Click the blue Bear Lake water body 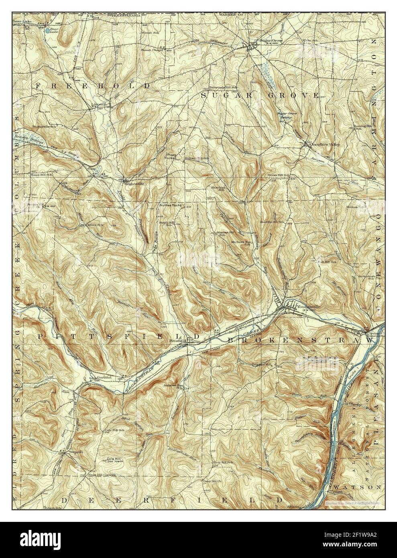[48, 30]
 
